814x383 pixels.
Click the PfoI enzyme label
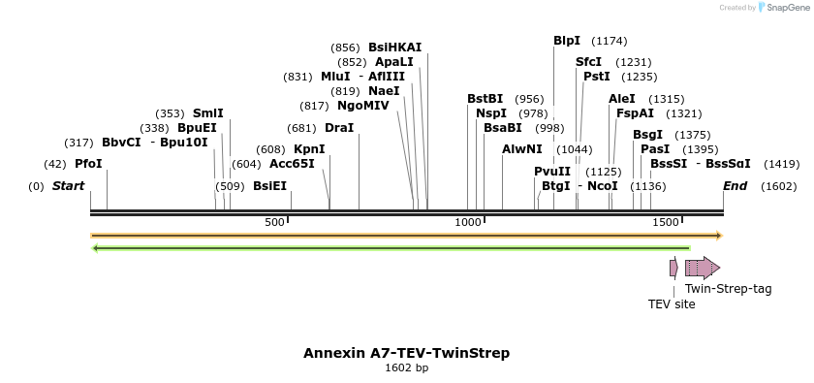pyautogui.click(x=87, y=164)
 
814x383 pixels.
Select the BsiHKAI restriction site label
pyautogui.click(x=394, y=48)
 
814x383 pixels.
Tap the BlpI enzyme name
pyautogui.click(x=567, y=41)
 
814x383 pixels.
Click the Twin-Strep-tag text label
pyautogui.click(x=728, y=288)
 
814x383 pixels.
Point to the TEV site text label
pyautogui.click(x=672, y=303)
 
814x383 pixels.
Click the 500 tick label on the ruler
pyautogui.click(x=274, y=222)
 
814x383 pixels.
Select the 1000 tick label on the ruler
pyautogui.click(x=469, y=222)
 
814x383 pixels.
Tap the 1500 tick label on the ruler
pyautogui.click(x=664, y=222)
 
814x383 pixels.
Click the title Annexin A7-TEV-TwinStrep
pyautogui.click(x=406, y=353)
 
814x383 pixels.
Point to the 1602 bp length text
pyautogui.click(x=406, y=368)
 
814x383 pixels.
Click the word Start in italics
pyautogui.click(x=68, y=186)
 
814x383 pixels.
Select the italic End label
pyautogui.click(x=735, y=186)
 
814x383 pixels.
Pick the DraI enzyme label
pyautogui.click(x=339, y=128)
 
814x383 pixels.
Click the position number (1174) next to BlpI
pyautogui.click(x=609, y=41)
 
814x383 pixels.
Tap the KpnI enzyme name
pyautogui.click(x=309, y=149)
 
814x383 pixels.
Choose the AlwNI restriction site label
pyautogui.click(x=522, y=149)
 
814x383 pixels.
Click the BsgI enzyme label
pyautogui.click(x=647, y=135)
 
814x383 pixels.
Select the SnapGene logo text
pyautogui.click(x=785, y=8)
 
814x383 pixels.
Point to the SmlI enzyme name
pyautogui.click(x=207, y=113)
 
